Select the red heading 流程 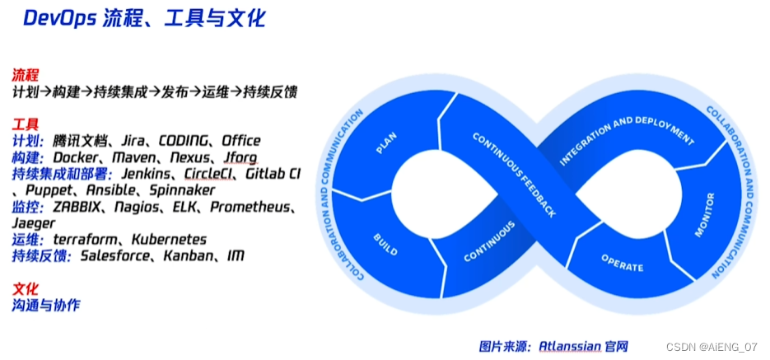26,75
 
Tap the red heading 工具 26,124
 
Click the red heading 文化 26,288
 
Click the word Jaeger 34,223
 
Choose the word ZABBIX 78,207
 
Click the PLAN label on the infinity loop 386,143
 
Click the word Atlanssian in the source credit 570,346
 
